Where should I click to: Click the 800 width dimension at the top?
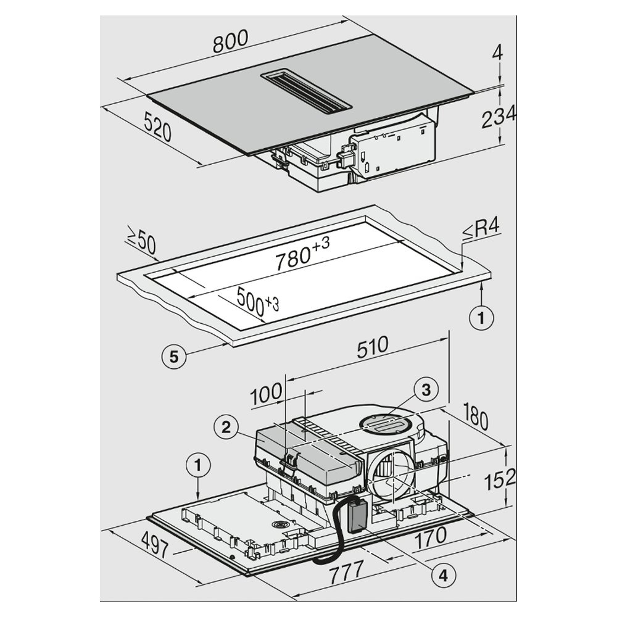pos(230,43)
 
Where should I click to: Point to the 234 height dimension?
pos(498,117)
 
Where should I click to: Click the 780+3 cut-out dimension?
pos(303,254)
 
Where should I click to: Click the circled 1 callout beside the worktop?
pos(482,318)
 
